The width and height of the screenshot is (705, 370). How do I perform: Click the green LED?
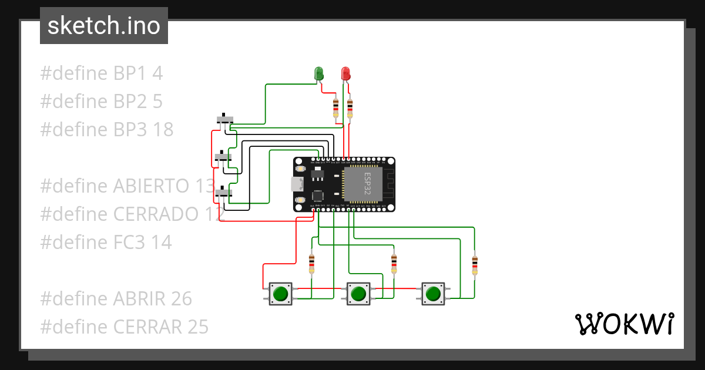[x=319, y=73]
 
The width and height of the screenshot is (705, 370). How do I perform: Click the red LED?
[x=346, y=73]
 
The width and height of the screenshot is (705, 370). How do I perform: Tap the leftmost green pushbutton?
[x=281, y=293]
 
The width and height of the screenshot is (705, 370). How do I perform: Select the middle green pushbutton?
[x=358, y=293]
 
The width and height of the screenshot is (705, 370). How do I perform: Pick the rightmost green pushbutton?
[x=433, y=293]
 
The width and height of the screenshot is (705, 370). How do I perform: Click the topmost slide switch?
[x=224, y=119]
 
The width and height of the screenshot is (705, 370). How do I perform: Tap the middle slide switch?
[x=222, y=157]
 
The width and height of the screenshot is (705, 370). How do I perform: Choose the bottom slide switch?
[x=223, y=192]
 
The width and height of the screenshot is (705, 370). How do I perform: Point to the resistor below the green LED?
[x=335, y=108]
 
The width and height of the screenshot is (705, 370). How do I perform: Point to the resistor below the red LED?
[x=350, y=109]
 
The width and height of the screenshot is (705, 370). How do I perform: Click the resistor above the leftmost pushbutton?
[x=311, y=264]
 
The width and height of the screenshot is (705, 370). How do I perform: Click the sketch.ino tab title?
[x=104, y=26]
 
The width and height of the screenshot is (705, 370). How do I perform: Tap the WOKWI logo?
[x=623, y=323]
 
